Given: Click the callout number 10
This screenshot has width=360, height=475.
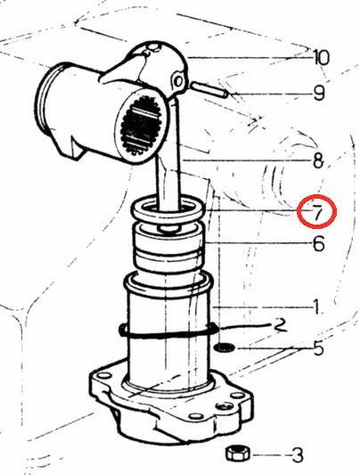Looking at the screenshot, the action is tap(321, 57).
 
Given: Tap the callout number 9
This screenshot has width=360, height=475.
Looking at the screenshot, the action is tap(319, 93).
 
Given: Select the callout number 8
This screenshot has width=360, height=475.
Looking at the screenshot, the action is tap(318, 160).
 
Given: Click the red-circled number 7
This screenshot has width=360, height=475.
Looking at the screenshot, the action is tap(316, 212).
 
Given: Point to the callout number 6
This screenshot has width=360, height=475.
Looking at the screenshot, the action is tap(318, 243).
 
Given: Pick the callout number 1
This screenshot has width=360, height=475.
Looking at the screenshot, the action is tap(316, 307).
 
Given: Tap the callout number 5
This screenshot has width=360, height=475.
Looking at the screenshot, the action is tap(318, 348).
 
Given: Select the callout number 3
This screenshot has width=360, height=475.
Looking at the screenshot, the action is tap(298, 455).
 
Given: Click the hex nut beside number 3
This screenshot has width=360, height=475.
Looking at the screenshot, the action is tap(238, 454).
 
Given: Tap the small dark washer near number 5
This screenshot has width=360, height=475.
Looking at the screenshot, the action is tap(225, 348).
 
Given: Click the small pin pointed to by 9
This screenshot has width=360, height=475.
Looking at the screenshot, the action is tap(209, 90).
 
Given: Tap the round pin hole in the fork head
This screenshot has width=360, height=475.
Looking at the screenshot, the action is tap(178, 81).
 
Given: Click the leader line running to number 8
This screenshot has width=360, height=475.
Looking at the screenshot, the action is tap(248, 160).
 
